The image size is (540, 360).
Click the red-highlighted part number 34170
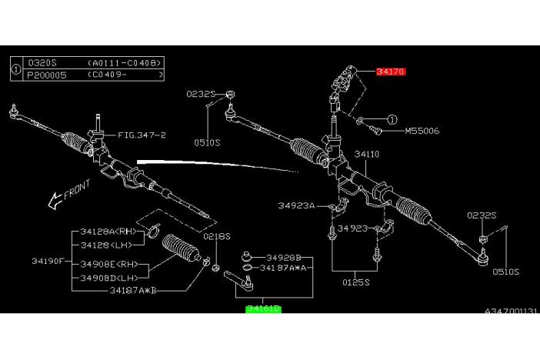point(391,72)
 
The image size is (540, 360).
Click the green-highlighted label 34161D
point(263,308)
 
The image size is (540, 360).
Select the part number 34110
point(366,154)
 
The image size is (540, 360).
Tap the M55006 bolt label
point(422,131)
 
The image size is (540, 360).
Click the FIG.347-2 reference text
point(142,135)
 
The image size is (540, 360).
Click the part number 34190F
point(49,260)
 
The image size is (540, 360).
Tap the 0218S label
point(217,237)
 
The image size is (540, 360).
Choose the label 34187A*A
point(283,268)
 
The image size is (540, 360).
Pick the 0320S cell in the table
point(42,64)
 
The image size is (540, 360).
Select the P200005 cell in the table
point(48,75)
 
